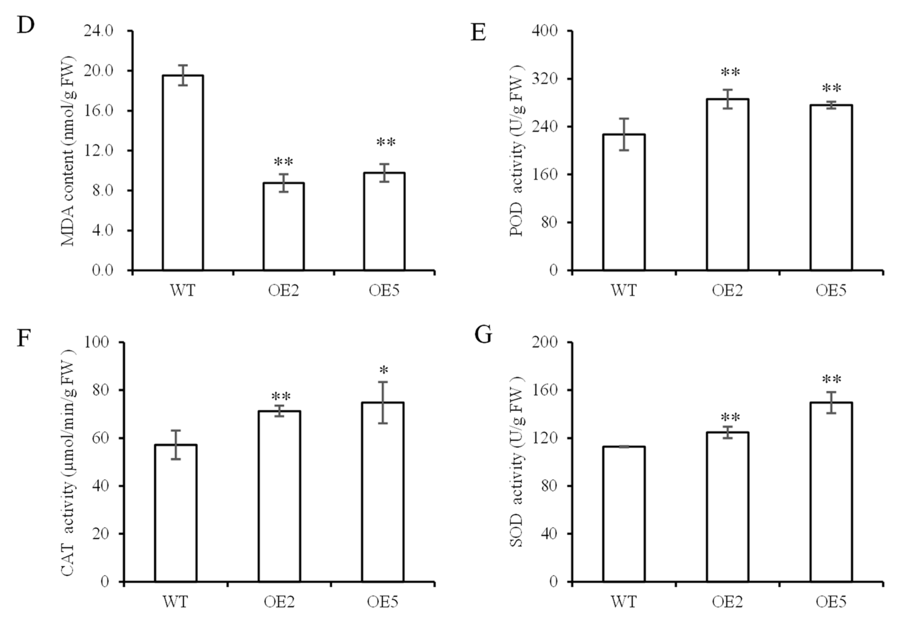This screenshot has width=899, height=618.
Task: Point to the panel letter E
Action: click(x=479, y=33)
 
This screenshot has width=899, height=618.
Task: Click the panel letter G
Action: click(x=483, y=335)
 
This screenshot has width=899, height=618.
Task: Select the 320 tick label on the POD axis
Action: click(x=545, y=79)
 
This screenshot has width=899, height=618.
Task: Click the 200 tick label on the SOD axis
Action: click(x=545, y=342)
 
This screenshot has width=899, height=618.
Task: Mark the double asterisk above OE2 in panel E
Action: click(x=730, y=72)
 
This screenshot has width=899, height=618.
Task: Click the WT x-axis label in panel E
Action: click(x=623, y=290)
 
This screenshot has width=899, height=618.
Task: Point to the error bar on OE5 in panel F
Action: click(x=383, y=403)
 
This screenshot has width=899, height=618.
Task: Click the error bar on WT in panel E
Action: click(x=624, y=134)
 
